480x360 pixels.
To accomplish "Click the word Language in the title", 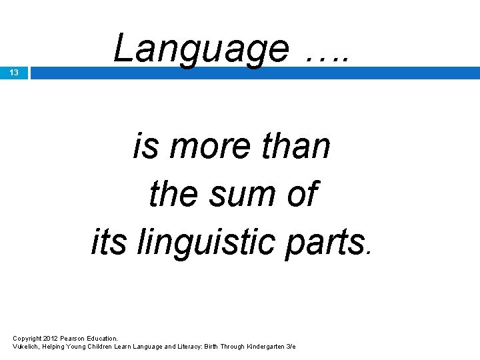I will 200,49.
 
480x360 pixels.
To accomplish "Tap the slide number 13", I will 15,73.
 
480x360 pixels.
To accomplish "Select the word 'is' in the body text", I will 145,146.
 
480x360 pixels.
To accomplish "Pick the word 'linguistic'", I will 209,242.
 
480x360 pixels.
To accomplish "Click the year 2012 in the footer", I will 50,339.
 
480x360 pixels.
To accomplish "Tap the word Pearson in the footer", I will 72,339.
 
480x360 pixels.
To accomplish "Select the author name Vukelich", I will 25,347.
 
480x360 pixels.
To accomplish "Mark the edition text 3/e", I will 290,347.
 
